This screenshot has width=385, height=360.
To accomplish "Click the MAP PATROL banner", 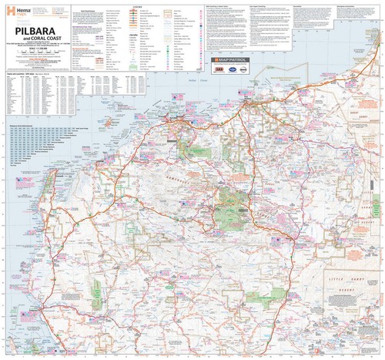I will point(236,58).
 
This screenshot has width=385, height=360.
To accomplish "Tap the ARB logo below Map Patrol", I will point(221,69).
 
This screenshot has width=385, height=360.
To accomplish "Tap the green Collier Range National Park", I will point(254,297).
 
